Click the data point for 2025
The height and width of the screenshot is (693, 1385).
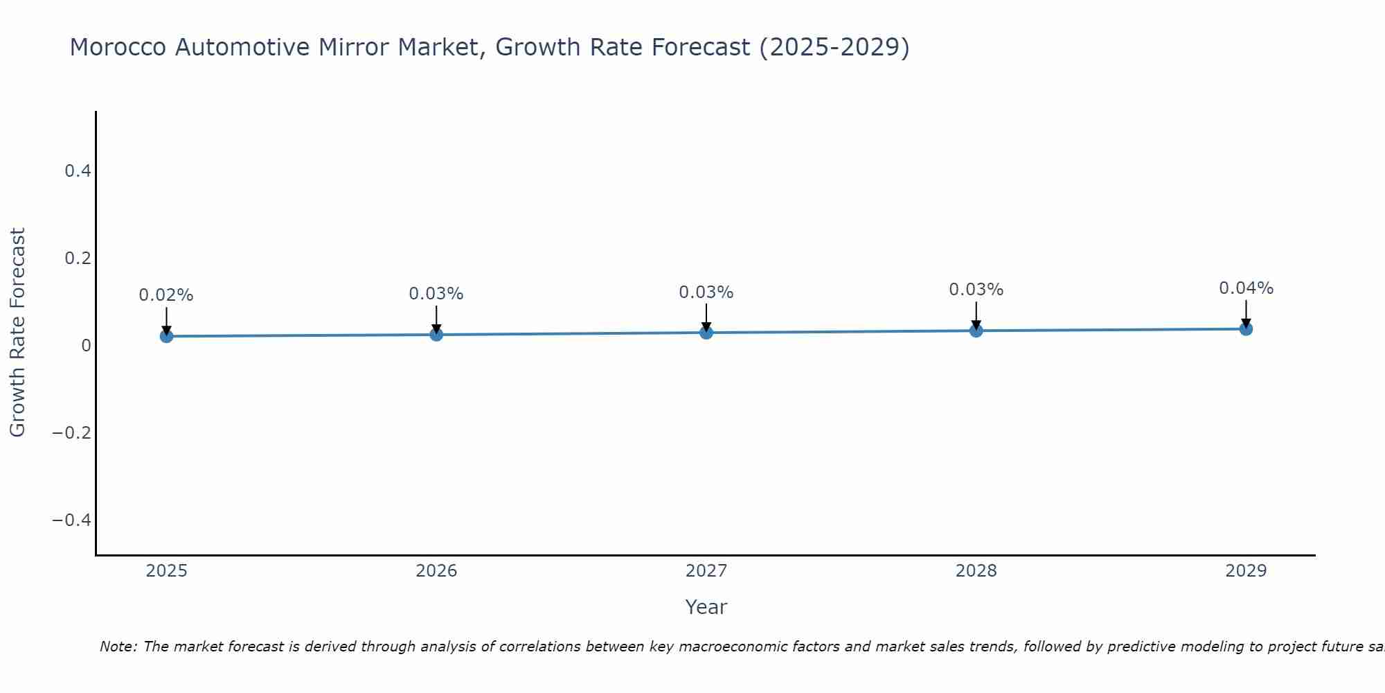click(166, 336)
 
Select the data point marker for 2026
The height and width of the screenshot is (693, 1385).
click(436, 334)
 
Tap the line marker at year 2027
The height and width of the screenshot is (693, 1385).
click(706, 333)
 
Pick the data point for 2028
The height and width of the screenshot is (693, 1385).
click(976, 331)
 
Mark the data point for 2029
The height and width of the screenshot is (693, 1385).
click(1246, 328)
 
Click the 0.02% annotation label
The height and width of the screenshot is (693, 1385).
click(166, 295)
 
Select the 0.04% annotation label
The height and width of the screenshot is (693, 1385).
click(1246, 288)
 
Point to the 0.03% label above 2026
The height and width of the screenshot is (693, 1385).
click(436, 294)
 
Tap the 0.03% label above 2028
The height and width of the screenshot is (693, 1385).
click(976, 290)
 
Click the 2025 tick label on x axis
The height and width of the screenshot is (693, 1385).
click(166, 571)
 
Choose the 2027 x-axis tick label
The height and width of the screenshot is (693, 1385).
click(706, 571)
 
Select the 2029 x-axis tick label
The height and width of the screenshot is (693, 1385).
click(1246, 571)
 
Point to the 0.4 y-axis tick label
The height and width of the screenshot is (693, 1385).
click(78, 170)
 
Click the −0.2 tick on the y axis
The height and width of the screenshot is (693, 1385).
click(72, 432)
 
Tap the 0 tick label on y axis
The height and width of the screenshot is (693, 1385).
click(86, 345)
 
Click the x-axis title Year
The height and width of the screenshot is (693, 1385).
click(706, 607)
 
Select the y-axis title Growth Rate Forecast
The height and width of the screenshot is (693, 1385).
click(17, 333)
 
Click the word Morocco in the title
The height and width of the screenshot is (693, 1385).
click(118, 47)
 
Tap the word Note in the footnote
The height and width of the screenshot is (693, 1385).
click(118, 647)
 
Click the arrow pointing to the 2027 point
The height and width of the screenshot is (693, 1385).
click(706, 317)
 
